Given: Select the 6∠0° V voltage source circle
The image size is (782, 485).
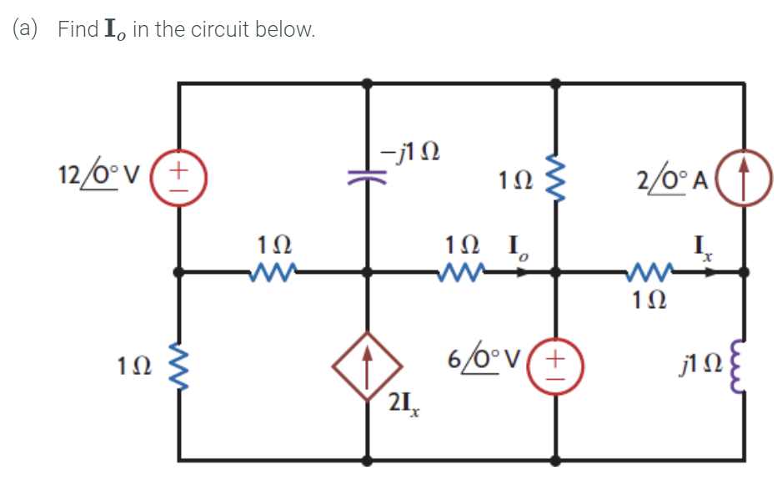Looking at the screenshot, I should tap(556, 364).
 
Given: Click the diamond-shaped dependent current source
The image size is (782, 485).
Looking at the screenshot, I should tap(368, 365).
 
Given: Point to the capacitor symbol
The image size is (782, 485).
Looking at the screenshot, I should tap(368, 176).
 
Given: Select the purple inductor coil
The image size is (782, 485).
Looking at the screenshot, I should tap(741, 364).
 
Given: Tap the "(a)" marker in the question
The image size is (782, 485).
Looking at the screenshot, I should tap(26, 30).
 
